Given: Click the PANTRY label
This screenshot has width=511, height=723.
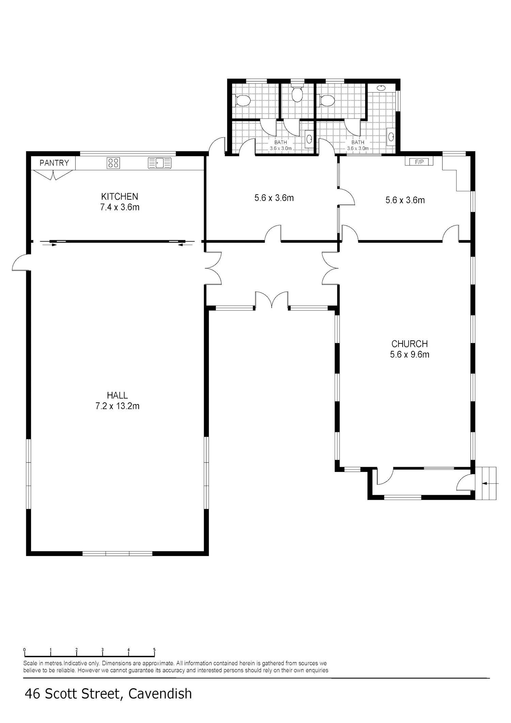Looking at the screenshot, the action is (x=54, y=163).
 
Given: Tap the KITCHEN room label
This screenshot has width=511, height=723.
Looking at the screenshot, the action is (x=120, y=197).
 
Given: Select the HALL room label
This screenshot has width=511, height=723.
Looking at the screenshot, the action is (x=117, y=395).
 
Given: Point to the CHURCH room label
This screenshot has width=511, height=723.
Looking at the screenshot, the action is (x=409, y=344).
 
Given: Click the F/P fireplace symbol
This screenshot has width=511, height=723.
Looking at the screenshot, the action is (x=419, y=162).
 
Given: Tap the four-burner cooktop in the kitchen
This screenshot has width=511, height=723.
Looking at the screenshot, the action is (x=113, y=163).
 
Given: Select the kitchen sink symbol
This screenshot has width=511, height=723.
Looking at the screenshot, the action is (x=160, y=163).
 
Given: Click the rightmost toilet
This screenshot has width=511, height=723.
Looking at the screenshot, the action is (x=326, y=101).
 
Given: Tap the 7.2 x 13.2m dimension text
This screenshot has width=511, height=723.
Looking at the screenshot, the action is (x=117, y=406).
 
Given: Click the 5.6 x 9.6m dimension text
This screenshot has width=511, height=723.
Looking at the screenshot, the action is (x=409, y=354).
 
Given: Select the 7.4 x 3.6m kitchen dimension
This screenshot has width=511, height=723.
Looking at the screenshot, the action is (x=120, y=207).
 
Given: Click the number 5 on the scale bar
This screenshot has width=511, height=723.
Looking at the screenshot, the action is (x=154, y=650).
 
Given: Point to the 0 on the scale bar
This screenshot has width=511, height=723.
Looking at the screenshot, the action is (x=25, y=650).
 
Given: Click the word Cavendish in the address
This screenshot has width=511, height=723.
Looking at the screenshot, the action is (x=160, y=694).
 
